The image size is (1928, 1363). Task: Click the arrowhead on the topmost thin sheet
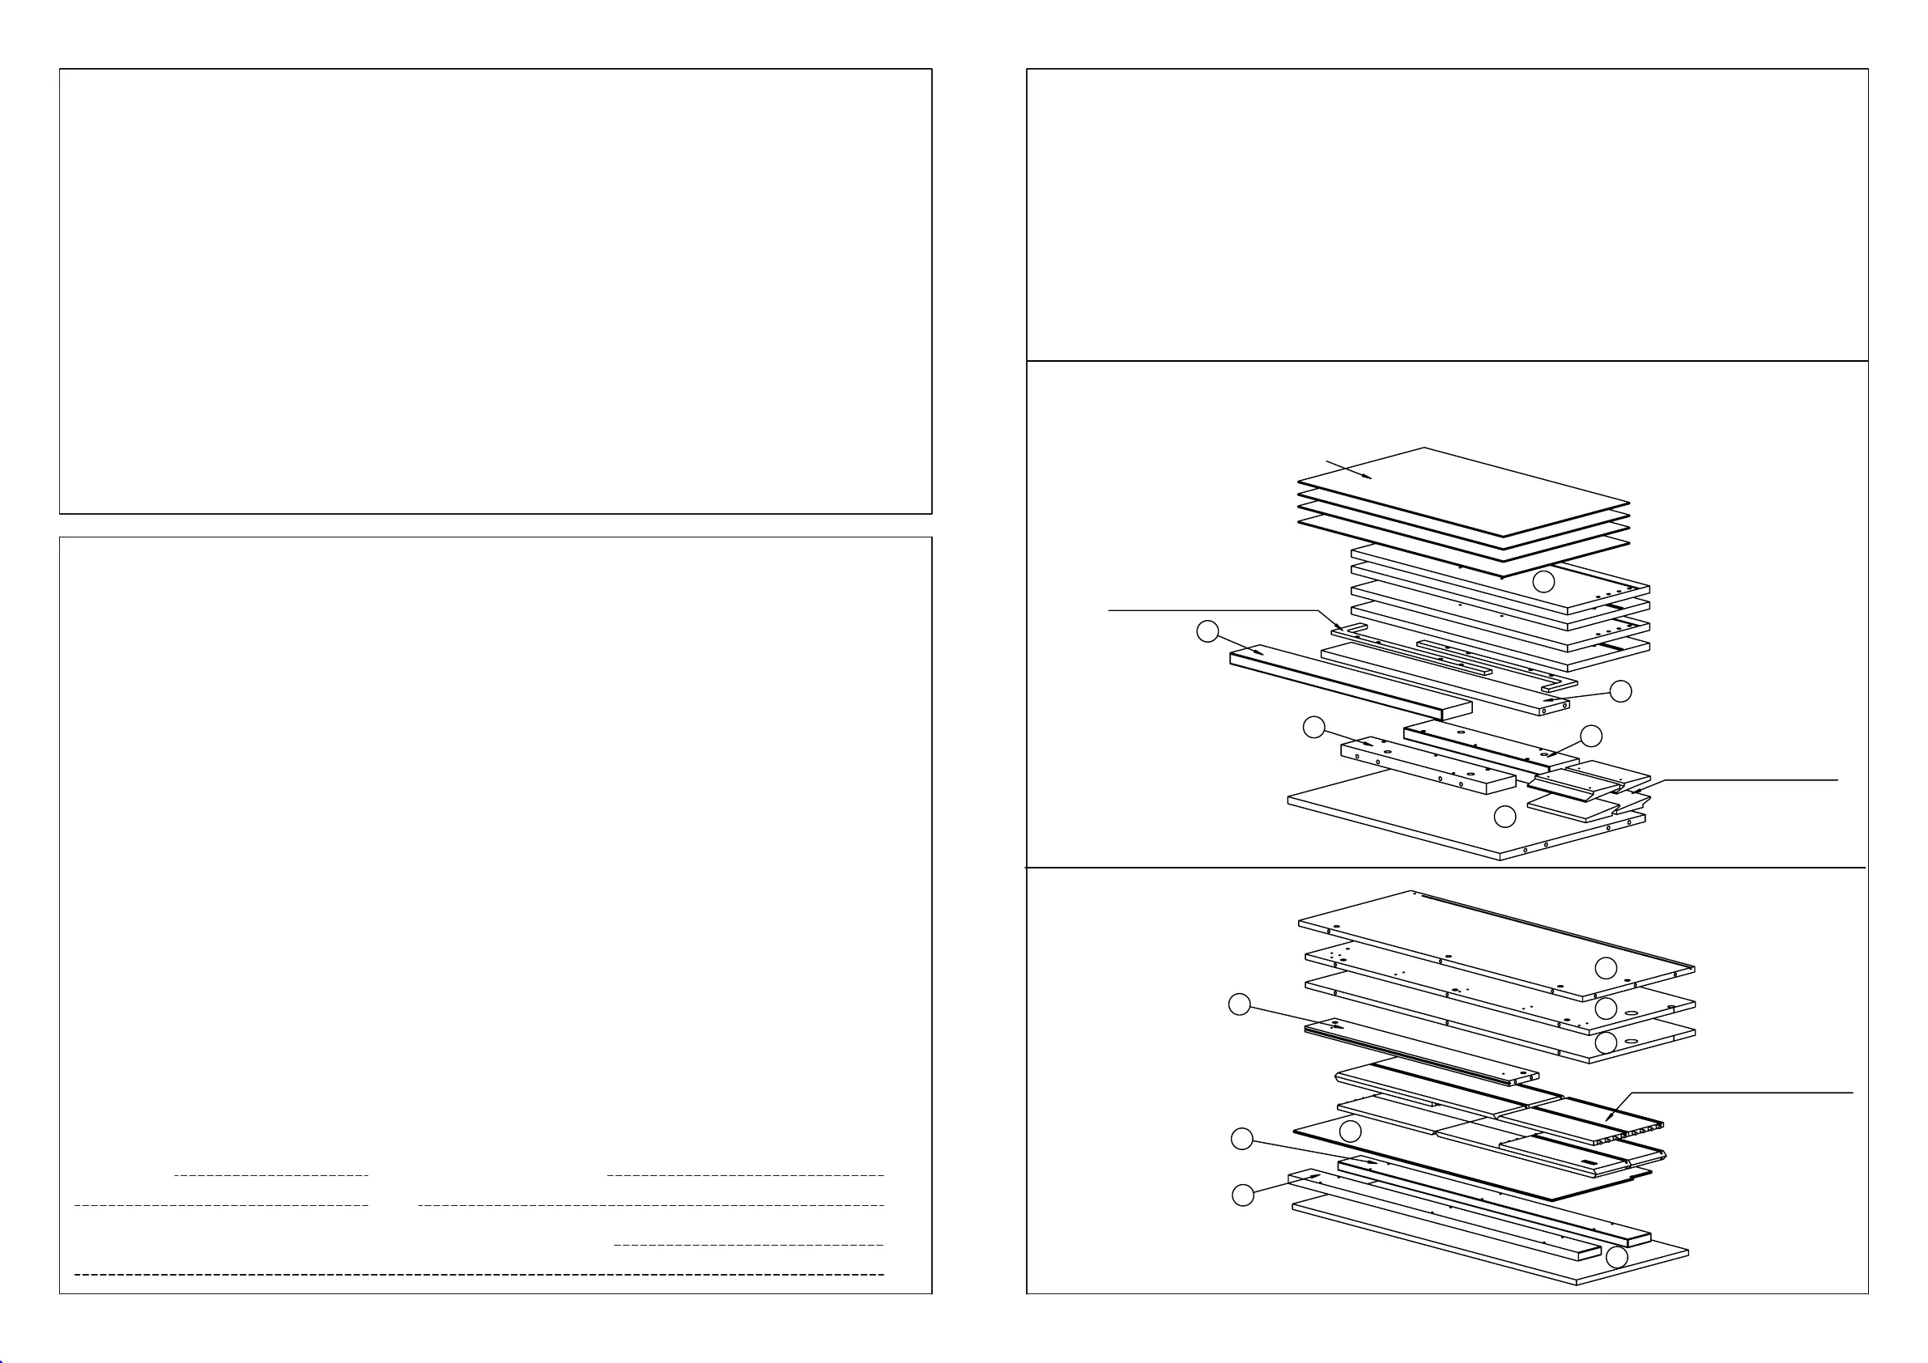tap(1369, 476)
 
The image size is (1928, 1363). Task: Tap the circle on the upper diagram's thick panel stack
tap(1543, 582)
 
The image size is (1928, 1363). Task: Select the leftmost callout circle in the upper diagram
tap(1207, 632)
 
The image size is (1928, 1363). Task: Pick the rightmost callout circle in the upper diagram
tap(1620, 691)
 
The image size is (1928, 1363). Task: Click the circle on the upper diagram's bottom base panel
tap(1505, 816)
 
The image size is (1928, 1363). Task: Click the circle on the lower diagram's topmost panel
tap(1606, 968)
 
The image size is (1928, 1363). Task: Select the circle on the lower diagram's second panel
tap(1606, 1008)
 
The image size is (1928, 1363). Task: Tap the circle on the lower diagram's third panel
tap(1606, 1043)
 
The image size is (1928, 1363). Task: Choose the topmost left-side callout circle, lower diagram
tap(1240, 1004)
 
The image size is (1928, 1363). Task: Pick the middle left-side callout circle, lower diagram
tap(1242, 1139)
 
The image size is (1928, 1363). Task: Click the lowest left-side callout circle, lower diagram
tap(1243, 1195)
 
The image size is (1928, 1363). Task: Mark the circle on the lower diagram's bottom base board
tap(1616, 1257)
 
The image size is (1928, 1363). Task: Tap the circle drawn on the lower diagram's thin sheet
tap(1349, 1132)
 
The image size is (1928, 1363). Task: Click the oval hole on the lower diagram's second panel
tap(1631, 1014)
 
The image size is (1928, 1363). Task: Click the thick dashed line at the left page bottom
tap(479, 1274)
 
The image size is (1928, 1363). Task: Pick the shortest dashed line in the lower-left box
tap(270, 1175)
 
